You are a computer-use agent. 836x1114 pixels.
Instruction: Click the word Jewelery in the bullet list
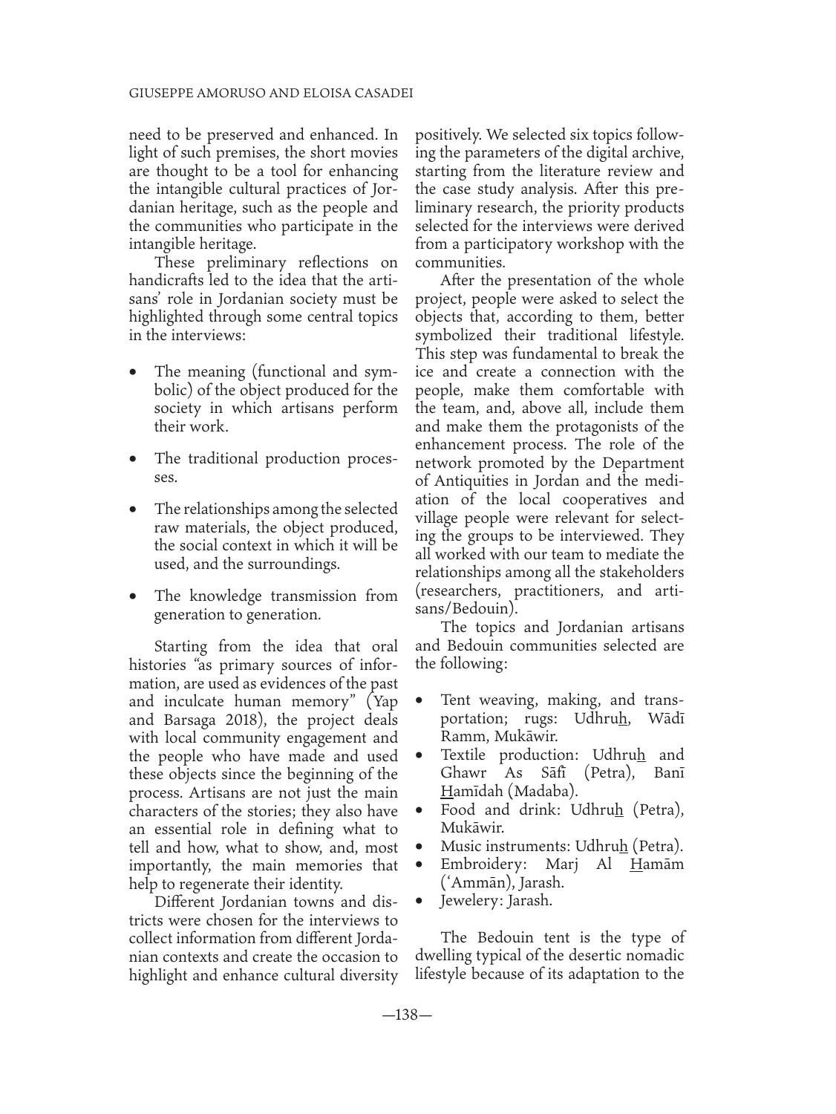(x=471, y=901)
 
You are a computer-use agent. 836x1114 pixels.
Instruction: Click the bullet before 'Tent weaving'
(x=421, y=701)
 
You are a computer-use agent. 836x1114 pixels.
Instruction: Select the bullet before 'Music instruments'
(x=421, y=847)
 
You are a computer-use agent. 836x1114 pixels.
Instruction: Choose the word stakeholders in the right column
(x=641, y=573)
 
